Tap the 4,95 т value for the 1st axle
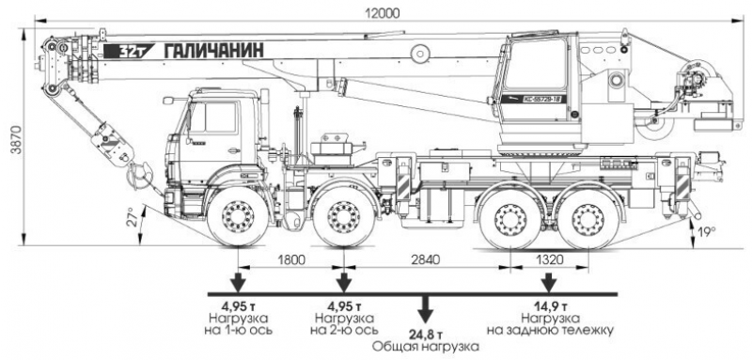(x=241, y=306)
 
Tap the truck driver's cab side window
(x=215, y=120)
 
